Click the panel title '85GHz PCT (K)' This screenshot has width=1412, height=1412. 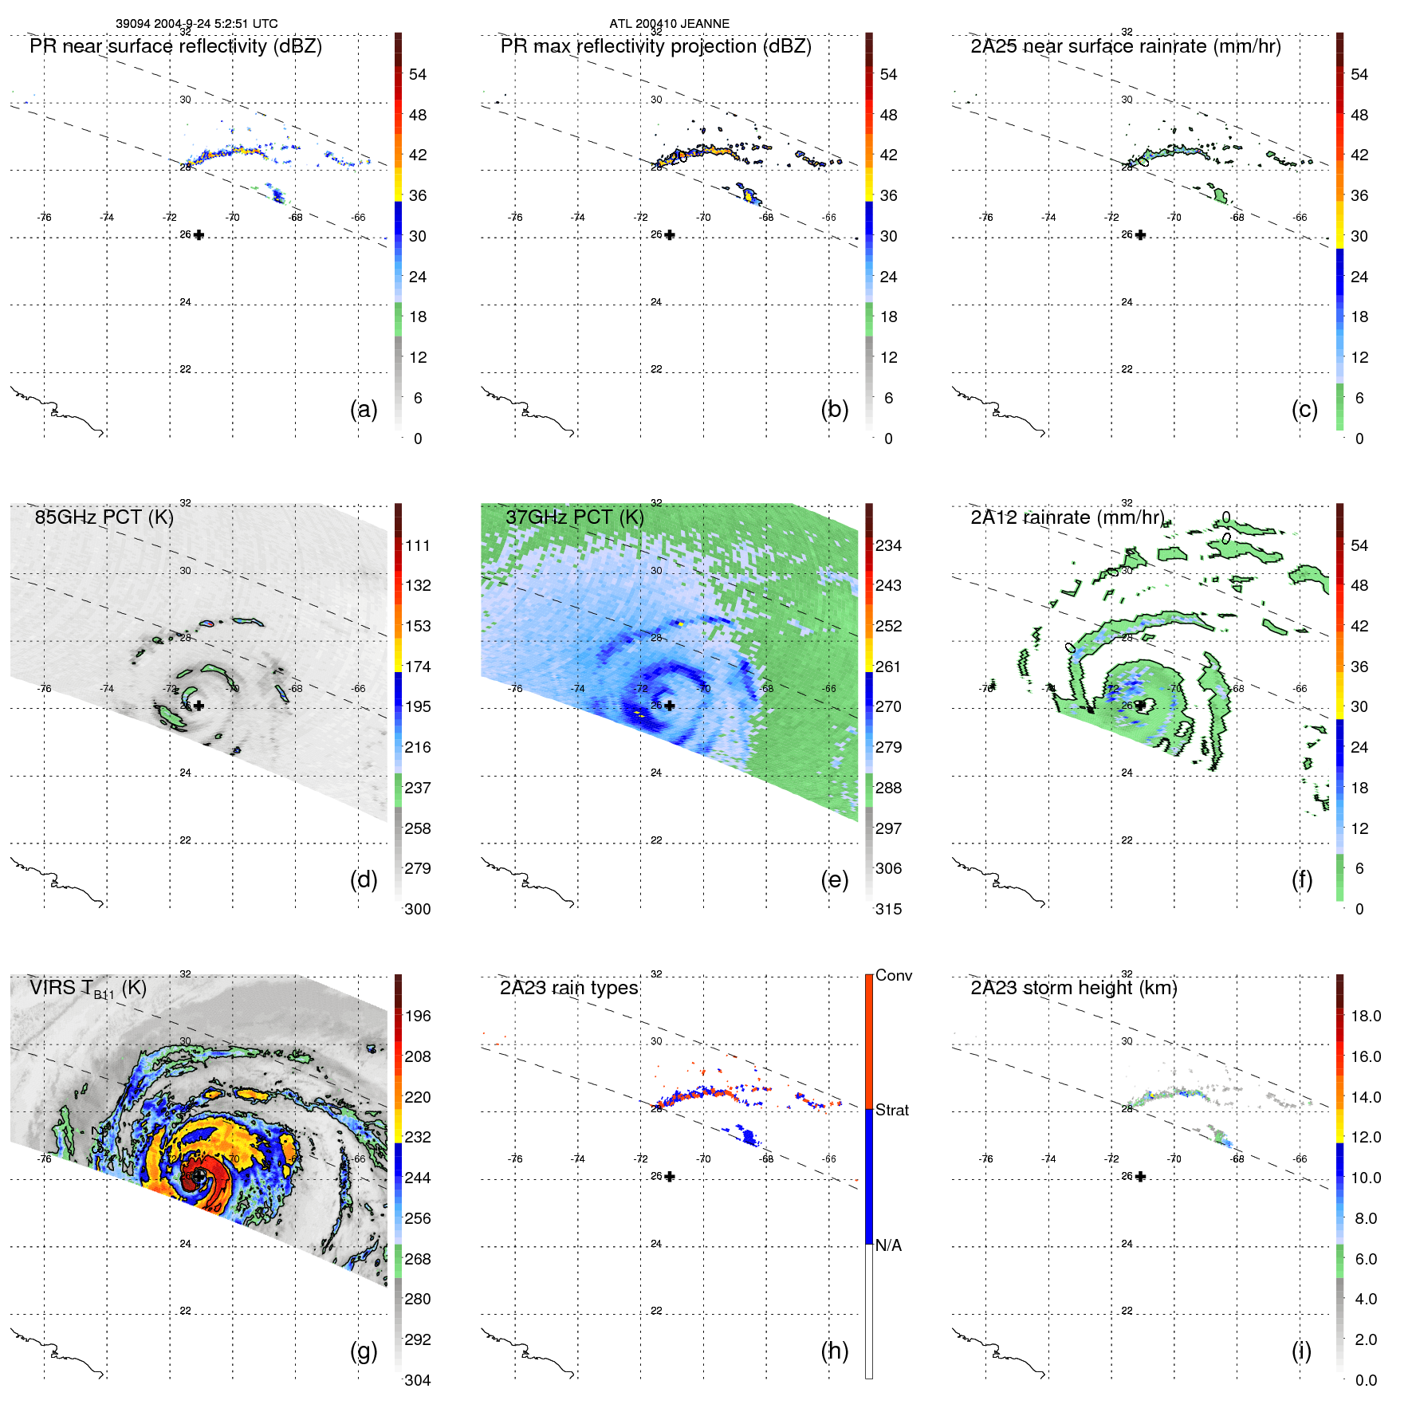click(x=104, y=517)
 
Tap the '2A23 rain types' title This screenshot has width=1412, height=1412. click(x=568, y=988)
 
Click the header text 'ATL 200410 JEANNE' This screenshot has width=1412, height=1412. click(x=669, y=24)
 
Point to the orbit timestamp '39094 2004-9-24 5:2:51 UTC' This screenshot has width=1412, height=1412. click(x=196, y=24)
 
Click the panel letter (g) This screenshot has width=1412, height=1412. click(x=364, y=1351)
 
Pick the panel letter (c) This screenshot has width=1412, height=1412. click(x=1304, y=409)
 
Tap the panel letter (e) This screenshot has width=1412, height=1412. click(x=834, y=879)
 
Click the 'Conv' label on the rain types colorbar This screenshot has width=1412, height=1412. click(x=893, y=975)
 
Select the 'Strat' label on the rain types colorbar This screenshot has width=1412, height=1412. click(x=891, y=1110)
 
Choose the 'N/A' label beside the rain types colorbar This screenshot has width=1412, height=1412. click(x=888, y=1245)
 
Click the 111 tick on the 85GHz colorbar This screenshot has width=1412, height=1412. click(x=417, y=545)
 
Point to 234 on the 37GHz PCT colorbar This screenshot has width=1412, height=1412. click(x=888, y=545)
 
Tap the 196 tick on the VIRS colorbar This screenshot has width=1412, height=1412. click(x=417, y=1016)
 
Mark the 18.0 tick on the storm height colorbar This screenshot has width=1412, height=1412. click(x=1365, y=1016)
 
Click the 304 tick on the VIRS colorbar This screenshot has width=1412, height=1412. click(x=417, y=1380)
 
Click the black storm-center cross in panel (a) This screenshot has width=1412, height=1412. click(x=199, y=235)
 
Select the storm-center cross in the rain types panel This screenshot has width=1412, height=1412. click(x=670, y=1177)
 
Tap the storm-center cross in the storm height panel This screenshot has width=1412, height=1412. click(x=1140, y=1177)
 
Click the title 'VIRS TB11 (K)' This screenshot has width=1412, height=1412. click(x=88, y=989)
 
